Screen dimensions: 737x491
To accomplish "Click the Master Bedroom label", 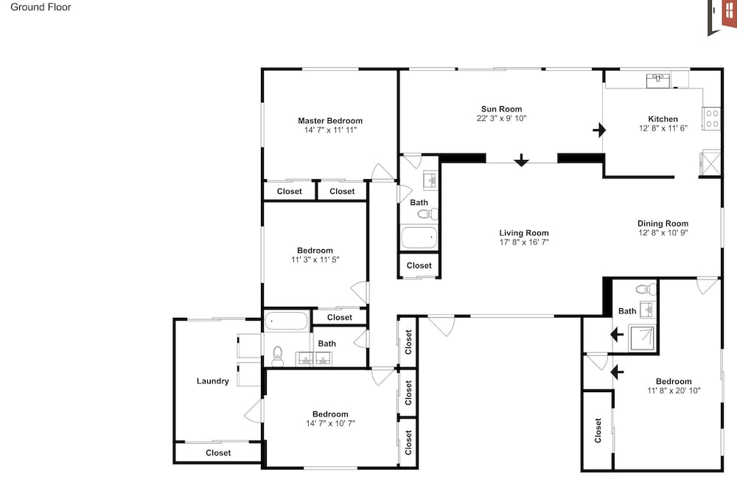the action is coord(330,121).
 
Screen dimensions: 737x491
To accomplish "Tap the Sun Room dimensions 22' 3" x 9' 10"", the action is coord(501,118).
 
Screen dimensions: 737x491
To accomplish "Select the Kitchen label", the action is coord(663,119).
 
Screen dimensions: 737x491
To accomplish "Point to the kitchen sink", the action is coord(658,80).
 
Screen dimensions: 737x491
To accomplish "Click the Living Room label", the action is coord(523,233).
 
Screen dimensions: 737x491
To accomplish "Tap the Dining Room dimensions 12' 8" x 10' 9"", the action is coord(663,232).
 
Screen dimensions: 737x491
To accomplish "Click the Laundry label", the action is coord(212,381).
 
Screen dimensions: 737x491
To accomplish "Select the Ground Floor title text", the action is coord(41,7).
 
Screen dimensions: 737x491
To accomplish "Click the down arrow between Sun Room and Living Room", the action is coord(521,161).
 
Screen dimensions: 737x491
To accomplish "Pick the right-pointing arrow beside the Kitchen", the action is coord(599,130).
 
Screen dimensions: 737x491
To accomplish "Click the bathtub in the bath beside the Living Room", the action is coord(419,237).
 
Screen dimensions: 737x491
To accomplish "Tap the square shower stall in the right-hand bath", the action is coord(642,338).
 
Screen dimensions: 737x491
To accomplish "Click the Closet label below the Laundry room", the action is coord(218,453).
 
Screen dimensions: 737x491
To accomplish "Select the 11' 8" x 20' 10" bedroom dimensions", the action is coord(674,390).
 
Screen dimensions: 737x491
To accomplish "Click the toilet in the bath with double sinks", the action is coord(278,356).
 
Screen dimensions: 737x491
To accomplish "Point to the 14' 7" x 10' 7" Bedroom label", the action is coord(330,414).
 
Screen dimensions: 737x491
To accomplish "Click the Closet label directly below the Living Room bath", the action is coord(419,265).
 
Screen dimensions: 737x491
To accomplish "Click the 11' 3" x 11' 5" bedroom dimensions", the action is coord(315,260).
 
